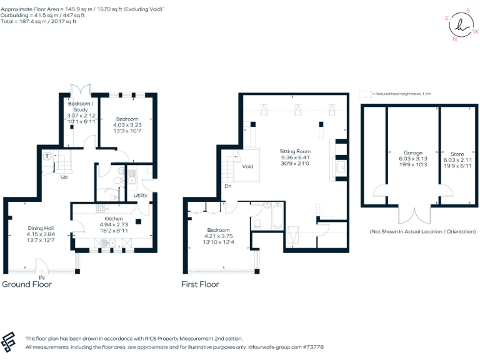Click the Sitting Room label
pos(294,152)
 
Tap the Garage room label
pos(412,152)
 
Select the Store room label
pos(457,153)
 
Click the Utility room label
pos(141,196)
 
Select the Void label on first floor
pos(247,167)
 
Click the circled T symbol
pos(47,156)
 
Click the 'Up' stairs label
pos(64,177)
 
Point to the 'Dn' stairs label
pos(228,186)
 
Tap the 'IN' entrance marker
pos(42,277)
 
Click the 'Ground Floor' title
pos(27,284)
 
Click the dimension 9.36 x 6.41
pos(294,158)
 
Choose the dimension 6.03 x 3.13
pos(412,159)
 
